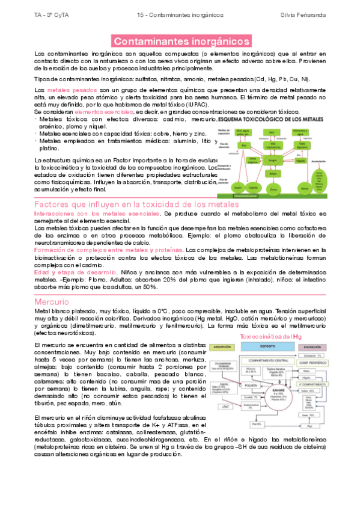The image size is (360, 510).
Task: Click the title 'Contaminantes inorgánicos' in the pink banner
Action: click(x=181, y=41)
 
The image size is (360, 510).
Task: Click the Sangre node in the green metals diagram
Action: click(x=272, y=161)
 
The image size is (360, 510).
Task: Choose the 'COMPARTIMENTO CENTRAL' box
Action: click(x=276, y=361)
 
